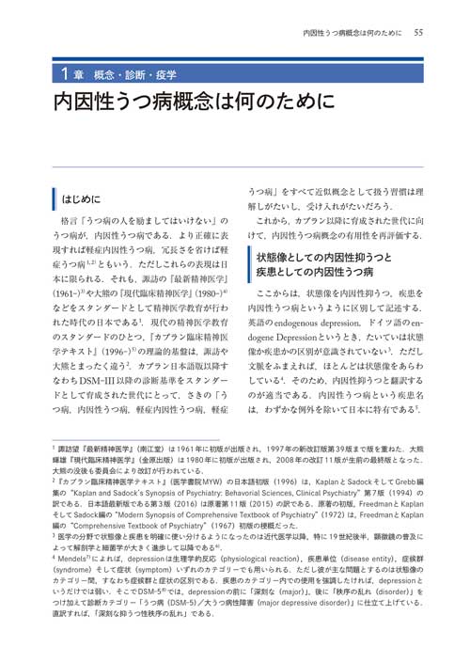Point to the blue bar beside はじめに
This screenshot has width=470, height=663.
(54, 200)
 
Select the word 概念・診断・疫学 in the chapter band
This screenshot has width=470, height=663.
(122, 73)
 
